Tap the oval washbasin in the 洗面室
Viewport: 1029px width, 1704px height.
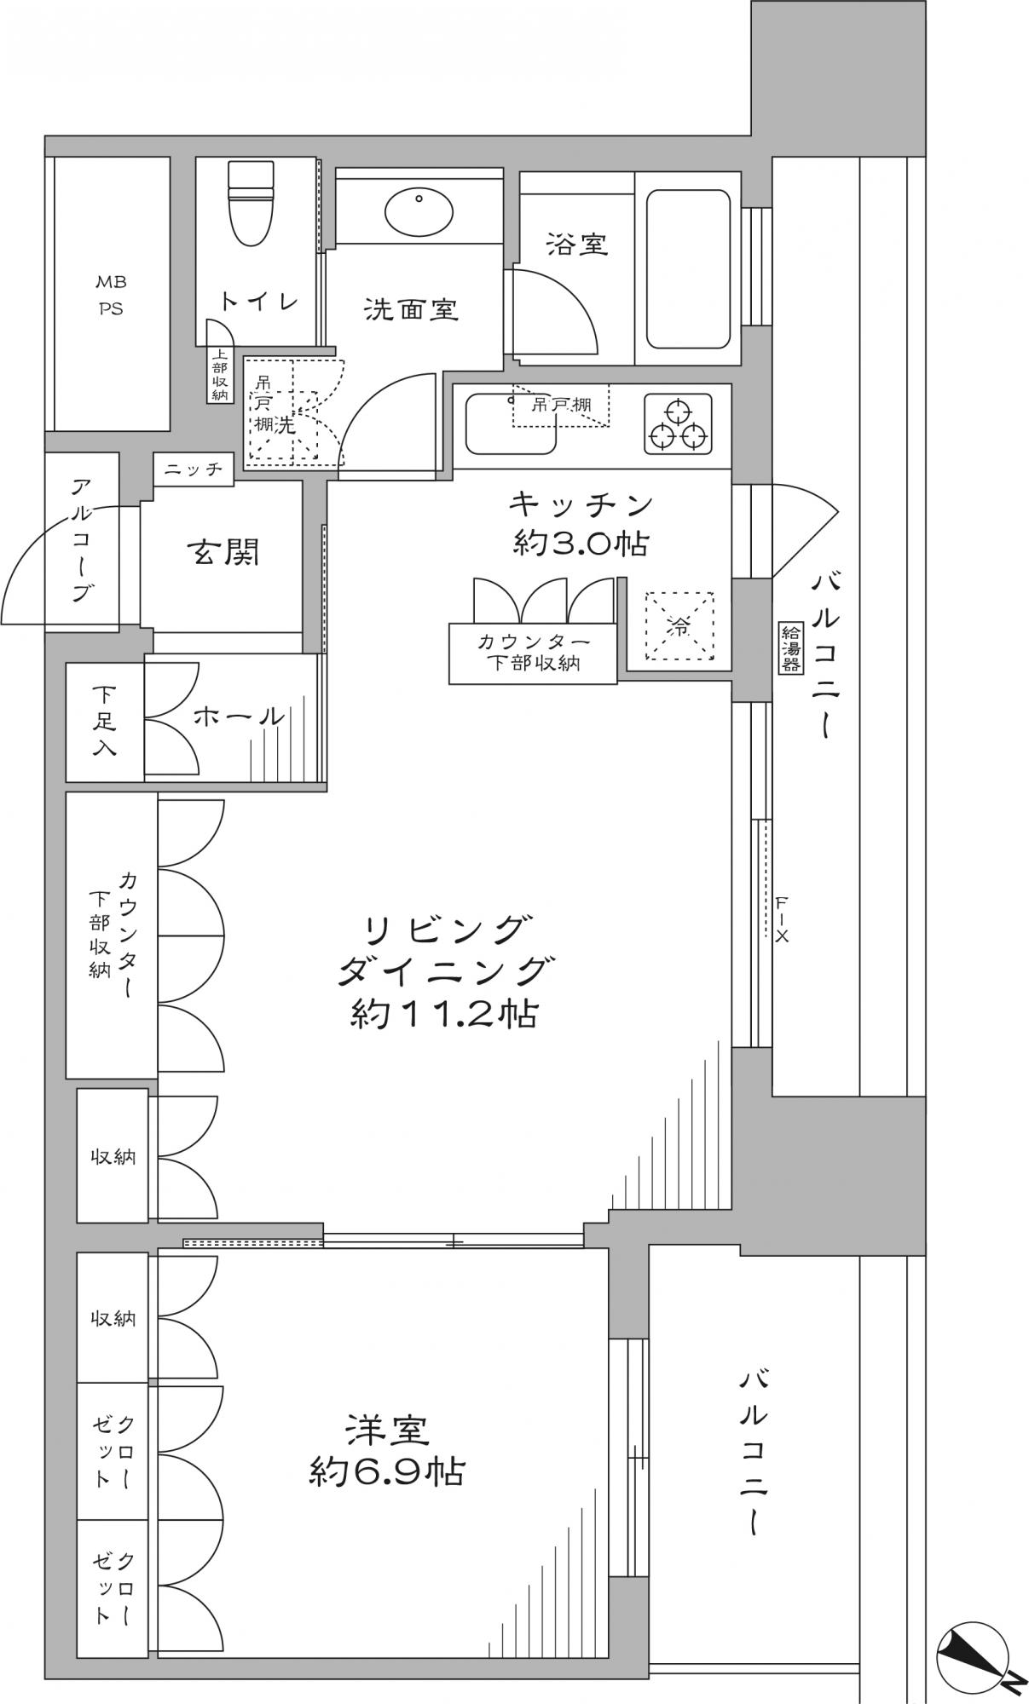(x=419, y=211)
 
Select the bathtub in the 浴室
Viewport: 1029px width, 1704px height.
(x=688, y=269)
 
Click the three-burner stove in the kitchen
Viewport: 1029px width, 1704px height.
(x=678, y=423)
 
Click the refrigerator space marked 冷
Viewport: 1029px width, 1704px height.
(x=679, y=626)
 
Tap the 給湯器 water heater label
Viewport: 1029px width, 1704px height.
(x=790, y=648)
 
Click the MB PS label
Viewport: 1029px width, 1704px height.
(x=110, y=295)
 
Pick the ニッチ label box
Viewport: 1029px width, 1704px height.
(x=194, y=469)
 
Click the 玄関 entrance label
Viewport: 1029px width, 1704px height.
(x=223, y=553)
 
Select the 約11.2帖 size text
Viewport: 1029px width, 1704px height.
(x=444, y=1014)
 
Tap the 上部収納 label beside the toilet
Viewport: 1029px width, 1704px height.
(x=219, y=375)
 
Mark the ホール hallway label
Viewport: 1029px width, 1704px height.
(x=239, y=717)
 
